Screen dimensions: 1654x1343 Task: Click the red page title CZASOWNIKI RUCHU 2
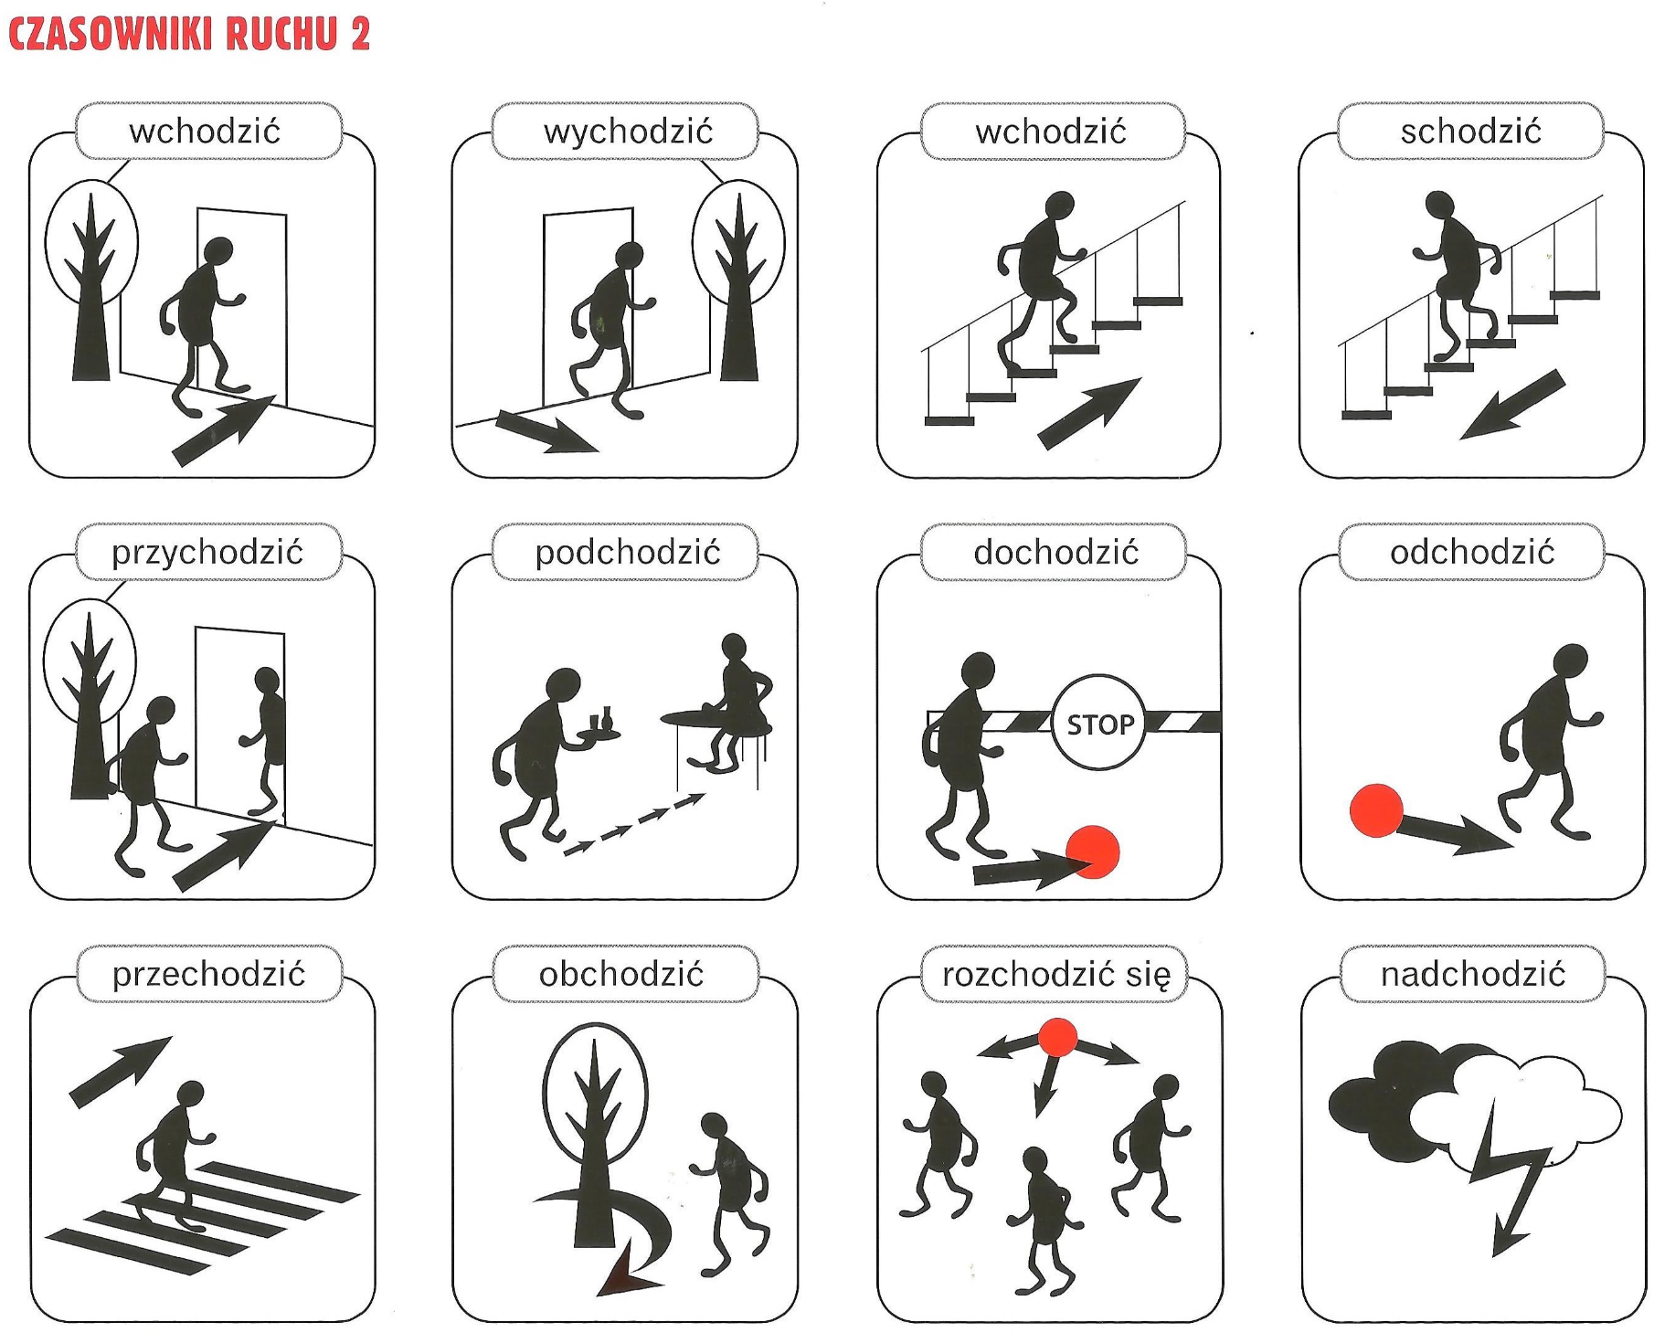pos(189,33)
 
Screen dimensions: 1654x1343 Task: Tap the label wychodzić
pos(628,132)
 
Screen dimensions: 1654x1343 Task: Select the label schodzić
pos(1470,132)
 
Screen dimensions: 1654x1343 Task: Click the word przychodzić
pos(207,553)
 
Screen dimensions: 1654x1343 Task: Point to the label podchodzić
pos(628,553)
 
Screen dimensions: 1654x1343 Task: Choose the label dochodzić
pos(1055,553)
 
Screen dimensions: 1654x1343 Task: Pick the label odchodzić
pos(1472,553)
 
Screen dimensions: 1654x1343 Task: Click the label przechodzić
pos(208,975)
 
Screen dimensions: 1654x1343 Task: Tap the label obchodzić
pos(621,975)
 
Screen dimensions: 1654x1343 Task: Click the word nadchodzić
pos(1473,975)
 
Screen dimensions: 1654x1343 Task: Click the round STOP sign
pos(1099,724)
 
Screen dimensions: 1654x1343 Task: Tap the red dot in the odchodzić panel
pos(1376,810)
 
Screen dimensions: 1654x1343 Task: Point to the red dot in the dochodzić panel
pos(1093,851)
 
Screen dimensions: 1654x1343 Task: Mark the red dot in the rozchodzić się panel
pos(1057,1038)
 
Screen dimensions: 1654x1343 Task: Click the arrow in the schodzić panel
pos(1513,405)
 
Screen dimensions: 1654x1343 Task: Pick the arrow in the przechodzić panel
pos(121,1072)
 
